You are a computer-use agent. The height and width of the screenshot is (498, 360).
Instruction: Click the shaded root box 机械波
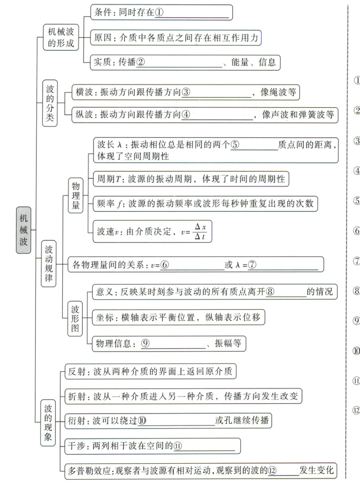pyautogui.click(x=24, y=230)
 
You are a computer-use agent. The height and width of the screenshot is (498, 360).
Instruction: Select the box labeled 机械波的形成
pyautogui.click(x=61, y=37)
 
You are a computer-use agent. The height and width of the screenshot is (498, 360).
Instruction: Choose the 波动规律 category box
pyautogui.click(x=48, y=265)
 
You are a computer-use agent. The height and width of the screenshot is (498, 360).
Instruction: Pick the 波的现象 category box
pyautogui.click(x=48, y=422)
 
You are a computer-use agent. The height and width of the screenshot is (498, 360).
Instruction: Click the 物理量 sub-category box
pyautogui.click(x=76, y=194)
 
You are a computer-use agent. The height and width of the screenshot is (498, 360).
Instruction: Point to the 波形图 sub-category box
pyautogui.click(x=76, y=318)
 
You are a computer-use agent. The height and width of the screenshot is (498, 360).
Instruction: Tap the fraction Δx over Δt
pyautogui.click(x=200, y=232)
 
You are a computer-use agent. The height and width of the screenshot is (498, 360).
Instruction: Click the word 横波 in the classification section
pyautogui.click(x=84, y=93)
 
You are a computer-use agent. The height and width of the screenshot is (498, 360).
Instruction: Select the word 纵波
pyautogui.click(x=84, y=115)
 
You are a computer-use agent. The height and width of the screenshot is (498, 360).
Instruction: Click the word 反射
pyautogui.click(x=77, y=372)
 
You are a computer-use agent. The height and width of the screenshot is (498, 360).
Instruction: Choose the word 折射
pyautogui.click(x=77, y=397)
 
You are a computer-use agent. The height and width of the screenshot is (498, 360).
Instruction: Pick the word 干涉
pyautogui.click(x=77, y=446)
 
